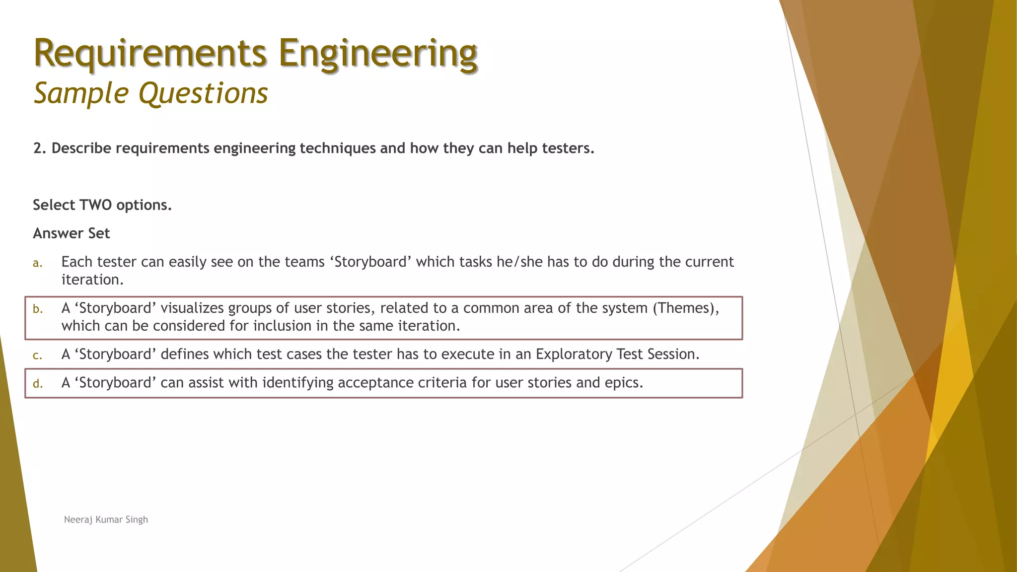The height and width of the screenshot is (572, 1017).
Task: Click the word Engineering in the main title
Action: pyautogui.click(x=377, y=54)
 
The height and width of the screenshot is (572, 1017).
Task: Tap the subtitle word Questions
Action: pyautogui.click(x=203, y=93)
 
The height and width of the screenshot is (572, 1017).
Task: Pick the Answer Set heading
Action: pyautogui.click(x=71, y=233)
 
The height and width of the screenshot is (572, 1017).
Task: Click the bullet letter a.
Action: pyautogui.click(x=37, y=263)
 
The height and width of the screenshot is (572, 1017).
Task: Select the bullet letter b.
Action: pyautogui.click(x=38, y=309)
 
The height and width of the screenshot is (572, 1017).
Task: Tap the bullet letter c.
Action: pyautogui.click(x=37, y=356)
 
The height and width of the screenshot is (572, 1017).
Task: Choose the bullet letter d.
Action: pyautogui.click(x=38, y=384)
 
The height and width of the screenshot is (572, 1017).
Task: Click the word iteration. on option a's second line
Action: pyautogui.click(x=92, y=280)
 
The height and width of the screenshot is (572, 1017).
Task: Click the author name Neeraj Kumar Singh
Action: pyautogui.click(x=106, y=520)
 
